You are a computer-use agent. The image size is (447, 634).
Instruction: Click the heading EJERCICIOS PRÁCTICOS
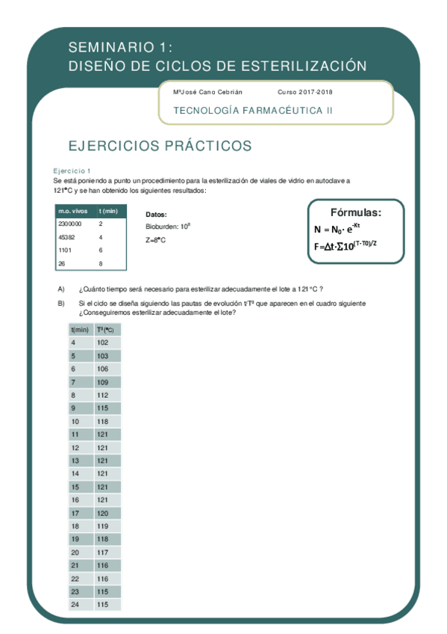coord(160,145)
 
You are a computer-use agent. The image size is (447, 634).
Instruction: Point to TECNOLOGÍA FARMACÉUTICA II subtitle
coord(253,111)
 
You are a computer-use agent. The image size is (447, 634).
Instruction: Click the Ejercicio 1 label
coord(72,170)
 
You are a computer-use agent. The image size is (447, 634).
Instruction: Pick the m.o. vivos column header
coord(73,211)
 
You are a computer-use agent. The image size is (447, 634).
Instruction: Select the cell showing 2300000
coord(70,224)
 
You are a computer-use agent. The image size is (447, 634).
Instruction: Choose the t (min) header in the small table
coord(109,211)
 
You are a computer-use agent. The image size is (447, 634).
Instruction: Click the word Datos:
coord(156,213)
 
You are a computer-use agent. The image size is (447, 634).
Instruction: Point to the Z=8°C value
coord(155,240)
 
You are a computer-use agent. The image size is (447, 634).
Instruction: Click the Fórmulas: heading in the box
coord(356,212)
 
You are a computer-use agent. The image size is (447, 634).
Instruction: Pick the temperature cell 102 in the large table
coord(102,342)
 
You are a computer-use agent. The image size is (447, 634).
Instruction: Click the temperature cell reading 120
coord(102,514)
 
